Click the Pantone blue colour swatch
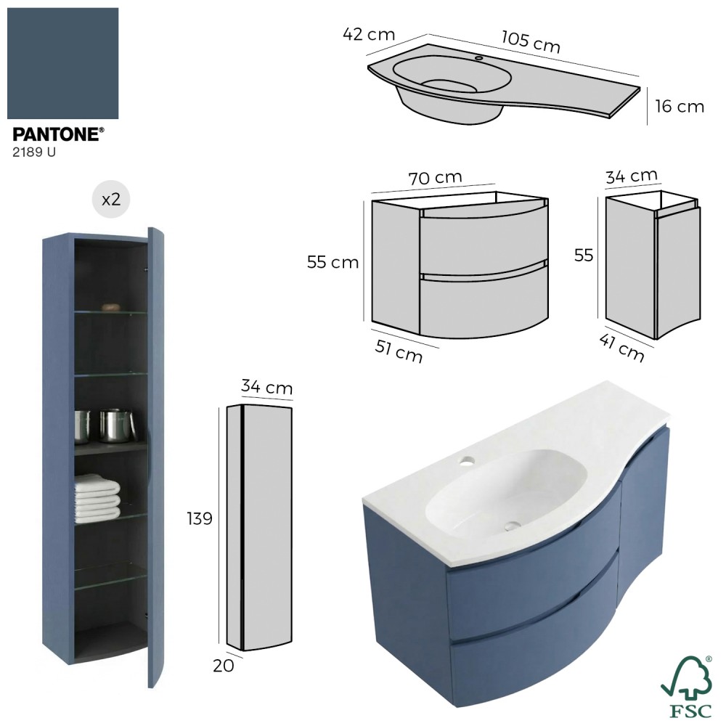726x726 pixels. pos(63,63)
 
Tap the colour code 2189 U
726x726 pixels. pos(34,152)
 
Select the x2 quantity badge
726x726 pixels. pos(111,199)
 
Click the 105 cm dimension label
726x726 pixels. pos(531,42)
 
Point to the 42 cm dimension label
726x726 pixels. pos(369,34)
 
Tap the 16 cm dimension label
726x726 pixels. pos(680,107)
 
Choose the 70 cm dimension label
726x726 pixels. pos(435,178)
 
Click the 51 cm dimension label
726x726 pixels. pos(399,351)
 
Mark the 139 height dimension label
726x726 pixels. pos(200,518)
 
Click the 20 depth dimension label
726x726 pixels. pos(223,666)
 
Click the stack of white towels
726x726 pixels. pos(97,495)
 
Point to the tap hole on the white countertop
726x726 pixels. pos(467,461)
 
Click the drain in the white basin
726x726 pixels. pos(513,525)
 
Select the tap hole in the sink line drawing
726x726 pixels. pos(478,58)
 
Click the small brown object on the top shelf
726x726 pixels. pos(111,307)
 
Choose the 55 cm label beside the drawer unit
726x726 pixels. pos(333,263)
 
